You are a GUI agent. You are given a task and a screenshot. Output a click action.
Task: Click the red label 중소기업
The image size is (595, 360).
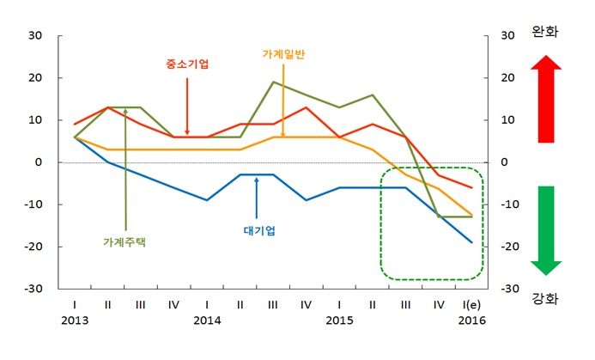(x=186, y=64)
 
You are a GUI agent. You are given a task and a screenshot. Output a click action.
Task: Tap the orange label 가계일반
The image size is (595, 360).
(x=283, y=53)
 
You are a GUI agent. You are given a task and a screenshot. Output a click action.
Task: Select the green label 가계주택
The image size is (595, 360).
(x=125, y=242)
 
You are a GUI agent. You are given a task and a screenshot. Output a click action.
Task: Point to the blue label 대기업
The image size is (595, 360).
(x=258, y=230)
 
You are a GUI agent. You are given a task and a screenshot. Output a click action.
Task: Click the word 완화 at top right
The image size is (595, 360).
(x=545, y=32)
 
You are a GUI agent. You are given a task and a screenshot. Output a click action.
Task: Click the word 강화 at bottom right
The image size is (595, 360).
(x=545, y=298)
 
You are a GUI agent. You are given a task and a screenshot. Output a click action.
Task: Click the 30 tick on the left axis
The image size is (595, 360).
(x=35, y=35)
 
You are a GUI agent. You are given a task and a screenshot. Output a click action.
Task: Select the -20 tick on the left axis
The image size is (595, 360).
(x=33, y=247)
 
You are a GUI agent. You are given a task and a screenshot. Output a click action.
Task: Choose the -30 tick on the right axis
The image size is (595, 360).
(x=508, y=289)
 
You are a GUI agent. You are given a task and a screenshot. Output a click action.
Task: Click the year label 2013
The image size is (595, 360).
(x=74, y=320)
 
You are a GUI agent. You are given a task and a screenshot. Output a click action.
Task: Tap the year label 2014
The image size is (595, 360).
(x=207, y=320)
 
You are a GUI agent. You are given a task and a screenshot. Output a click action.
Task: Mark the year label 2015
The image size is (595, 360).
(x=339, y=320)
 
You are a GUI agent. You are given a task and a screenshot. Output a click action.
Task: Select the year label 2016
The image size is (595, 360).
(x=471, y=320)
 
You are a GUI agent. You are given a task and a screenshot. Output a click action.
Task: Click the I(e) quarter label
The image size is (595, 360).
(x=471, y=303)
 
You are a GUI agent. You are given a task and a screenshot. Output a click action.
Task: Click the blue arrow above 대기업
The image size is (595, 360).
(x=257, y=197)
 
